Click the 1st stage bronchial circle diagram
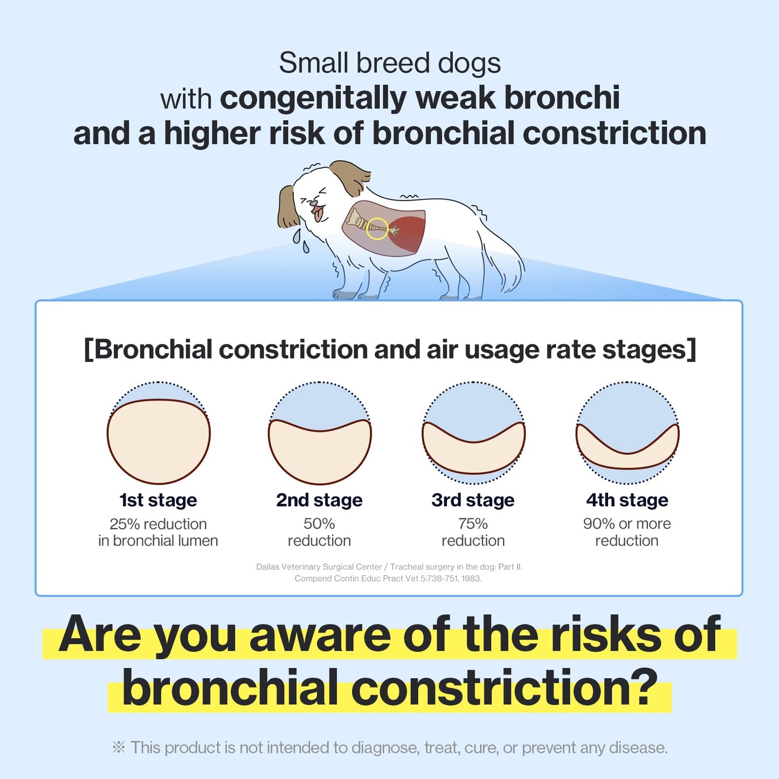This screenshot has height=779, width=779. coord(158,433)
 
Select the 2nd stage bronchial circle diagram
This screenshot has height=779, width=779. coord(320,433)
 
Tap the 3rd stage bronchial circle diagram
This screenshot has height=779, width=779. coord(473,433)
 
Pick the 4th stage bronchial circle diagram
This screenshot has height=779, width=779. coord(628,433)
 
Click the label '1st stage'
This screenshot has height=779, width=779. coord(158,500)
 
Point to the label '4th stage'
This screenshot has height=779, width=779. coord(627,500)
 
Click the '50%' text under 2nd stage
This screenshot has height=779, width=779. coord(319,523)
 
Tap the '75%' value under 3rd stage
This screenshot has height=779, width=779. coord(473,523)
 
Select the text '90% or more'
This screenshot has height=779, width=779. coord(627,523)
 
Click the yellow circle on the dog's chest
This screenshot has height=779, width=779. coord(377,229)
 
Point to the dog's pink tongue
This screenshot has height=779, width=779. coord(319,214)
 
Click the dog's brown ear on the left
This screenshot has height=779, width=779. coord(288,208)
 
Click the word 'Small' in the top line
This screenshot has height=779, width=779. coord(313,63)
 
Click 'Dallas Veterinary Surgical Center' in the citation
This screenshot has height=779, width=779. coord(319,567)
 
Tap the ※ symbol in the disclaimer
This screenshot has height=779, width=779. coord(119,747)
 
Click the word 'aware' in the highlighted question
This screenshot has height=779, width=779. coord(320,635)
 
